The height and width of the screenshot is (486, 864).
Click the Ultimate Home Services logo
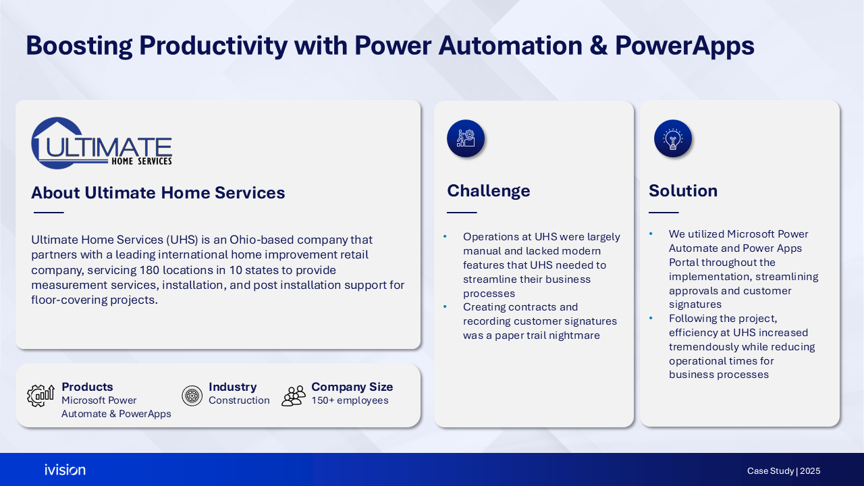tap(101, 143)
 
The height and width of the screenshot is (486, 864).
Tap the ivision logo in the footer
tap(65, 470)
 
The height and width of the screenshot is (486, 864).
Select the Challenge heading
tap(488, 190)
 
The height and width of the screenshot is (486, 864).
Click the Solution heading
tap(682, 190)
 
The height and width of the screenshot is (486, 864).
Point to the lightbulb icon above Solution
tap(673, 138)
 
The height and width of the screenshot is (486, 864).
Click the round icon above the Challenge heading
tap(466, 138)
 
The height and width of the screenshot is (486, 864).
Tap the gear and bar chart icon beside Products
tap(40, 396)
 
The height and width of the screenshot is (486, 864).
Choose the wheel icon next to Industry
tap(192, 396)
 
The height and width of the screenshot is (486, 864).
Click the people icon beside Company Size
tap(294, 396)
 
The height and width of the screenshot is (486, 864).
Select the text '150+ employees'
tap(350, 400)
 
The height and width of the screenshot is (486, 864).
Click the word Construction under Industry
tap(239, 400)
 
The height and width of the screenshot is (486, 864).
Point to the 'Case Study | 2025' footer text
tap(784, 471)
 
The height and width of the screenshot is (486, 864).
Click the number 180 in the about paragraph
tap(149, 270)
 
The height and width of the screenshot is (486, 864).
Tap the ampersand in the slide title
tap(599, 45)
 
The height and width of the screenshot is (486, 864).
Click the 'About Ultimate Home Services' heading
tap(158, 192)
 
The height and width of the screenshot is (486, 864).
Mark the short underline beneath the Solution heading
tap(664, 213)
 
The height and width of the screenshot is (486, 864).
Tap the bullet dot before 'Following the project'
tap(651, 318)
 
